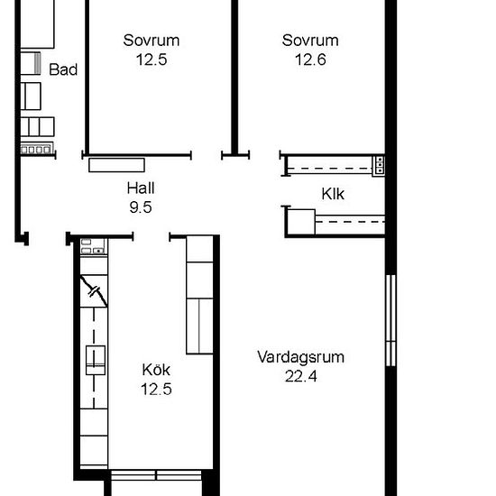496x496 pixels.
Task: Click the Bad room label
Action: coord(63,69)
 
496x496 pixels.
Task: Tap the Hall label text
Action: coord(141,188)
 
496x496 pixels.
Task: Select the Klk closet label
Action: coord(333,194)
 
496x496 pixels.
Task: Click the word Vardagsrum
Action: coord(301,357)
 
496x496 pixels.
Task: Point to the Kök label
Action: coord(156,370)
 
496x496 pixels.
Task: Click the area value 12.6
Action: coord(310,60)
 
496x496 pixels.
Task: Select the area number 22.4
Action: coord(301,376)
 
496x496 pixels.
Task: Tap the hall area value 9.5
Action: coord(141,207)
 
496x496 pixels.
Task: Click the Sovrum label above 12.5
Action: coord(152,41)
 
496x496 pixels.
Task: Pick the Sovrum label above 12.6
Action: coord(310,41)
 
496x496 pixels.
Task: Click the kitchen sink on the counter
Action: coord(96,360)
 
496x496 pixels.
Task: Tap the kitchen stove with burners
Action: coord(94,246)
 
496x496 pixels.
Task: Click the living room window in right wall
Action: coord(391,320)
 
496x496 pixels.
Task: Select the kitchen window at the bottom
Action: coord(156,475)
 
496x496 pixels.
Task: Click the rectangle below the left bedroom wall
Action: coord(116,165)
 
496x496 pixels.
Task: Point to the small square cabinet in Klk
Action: coord(301,222)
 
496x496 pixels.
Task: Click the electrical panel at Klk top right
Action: coord(379,165)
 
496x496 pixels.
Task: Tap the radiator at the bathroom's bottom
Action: coord(37,149)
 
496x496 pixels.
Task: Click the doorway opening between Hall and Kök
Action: coord(152,236)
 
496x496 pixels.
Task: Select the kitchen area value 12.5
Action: coord(156,390)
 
